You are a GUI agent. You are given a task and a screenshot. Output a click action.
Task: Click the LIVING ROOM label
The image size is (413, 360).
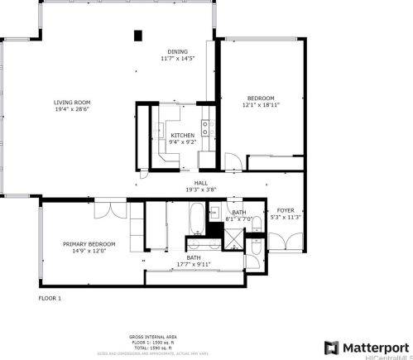72,102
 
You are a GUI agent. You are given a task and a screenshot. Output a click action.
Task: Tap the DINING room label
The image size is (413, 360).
177,51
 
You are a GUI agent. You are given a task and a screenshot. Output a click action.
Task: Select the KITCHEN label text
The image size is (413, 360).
183,135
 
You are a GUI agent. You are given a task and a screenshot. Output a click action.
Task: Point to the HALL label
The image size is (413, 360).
200,183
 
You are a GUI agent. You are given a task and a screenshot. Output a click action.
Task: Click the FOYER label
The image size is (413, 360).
285,210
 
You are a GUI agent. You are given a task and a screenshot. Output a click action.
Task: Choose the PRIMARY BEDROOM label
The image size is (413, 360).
89,244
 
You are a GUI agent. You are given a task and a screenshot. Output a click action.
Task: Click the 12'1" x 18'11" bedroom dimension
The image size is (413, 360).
259,105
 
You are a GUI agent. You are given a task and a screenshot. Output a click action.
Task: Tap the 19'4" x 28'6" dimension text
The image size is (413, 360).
72,109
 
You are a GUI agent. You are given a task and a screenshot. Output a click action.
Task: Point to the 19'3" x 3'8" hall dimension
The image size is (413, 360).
200,190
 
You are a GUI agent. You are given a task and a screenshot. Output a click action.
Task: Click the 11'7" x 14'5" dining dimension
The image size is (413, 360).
177,59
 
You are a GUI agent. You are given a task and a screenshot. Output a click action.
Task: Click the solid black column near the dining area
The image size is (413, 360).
138,35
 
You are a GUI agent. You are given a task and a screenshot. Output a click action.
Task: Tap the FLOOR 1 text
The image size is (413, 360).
50,298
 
